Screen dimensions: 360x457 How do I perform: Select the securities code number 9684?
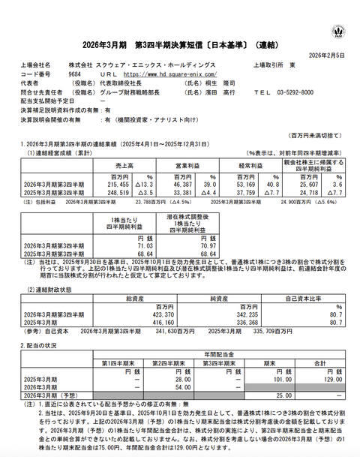(x=74, y=74)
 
